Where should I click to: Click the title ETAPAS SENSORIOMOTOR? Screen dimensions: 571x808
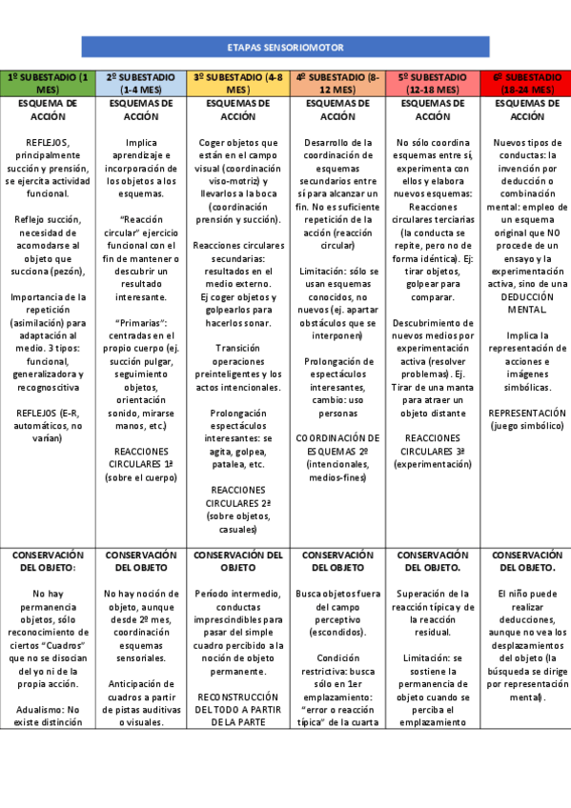coord(286,47)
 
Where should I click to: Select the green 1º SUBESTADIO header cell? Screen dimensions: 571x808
coord(48,83)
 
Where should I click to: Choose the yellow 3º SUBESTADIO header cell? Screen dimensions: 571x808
coord(237,83)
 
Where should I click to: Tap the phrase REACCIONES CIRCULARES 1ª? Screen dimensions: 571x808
coord(142,456)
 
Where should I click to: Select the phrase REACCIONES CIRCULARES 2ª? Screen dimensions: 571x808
coord(237,495)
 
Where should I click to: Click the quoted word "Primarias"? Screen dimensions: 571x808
coord(142,322)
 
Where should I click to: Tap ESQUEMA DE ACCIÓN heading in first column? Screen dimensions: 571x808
coord(48,110)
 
